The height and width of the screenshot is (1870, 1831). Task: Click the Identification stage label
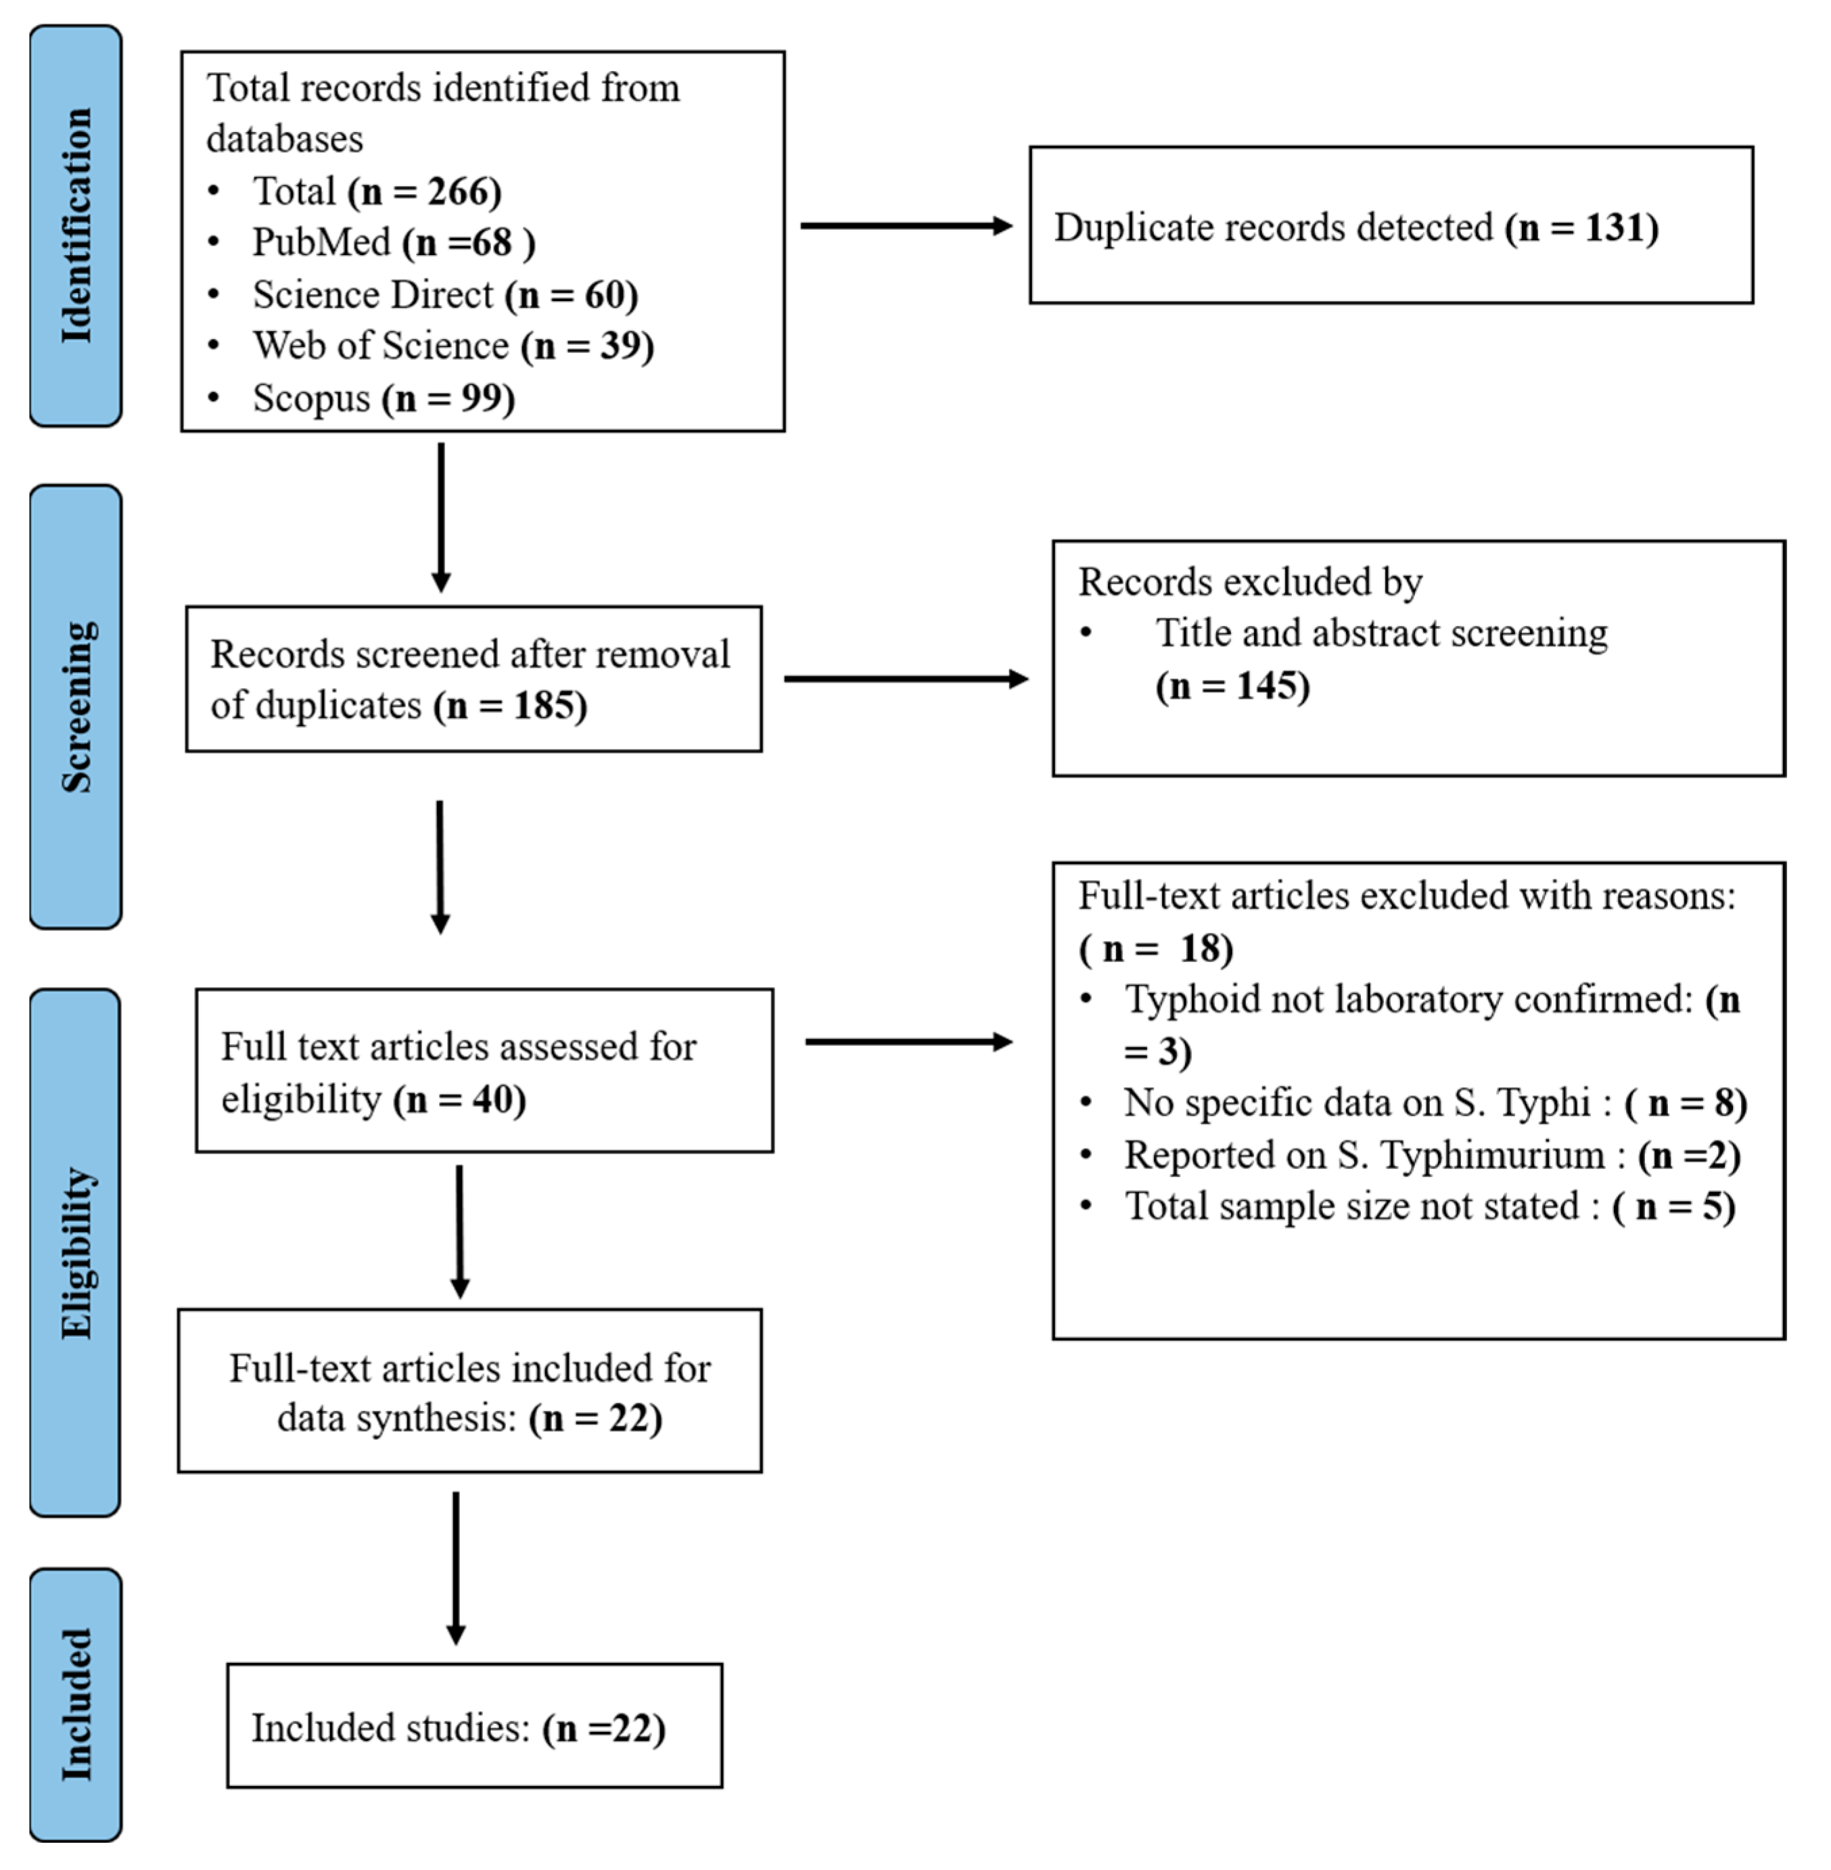pos(75,226)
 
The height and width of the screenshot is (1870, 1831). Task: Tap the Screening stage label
pos(75,707)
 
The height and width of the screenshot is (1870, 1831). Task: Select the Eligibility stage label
pos(75,1252)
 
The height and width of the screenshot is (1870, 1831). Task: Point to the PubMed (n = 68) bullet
pos(392,242)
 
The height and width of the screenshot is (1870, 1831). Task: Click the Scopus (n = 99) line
pos(383,398)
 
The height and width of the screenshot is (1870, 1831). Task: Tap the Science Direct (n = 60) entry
pos(444,294)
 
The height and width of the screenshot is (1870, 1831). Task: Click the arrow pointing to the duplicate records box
pos(906,226)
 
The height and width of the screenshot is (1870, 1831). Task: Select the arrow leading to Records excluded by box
pos(906,679)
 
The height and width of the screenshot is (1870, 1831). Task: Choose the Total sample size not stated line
pos(1429,1207)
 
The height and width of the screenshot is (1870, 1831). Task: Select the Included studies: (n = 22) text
pos(458,1729)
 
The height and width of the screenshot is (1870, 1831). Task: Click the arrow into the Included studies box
pos(456,1568)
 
